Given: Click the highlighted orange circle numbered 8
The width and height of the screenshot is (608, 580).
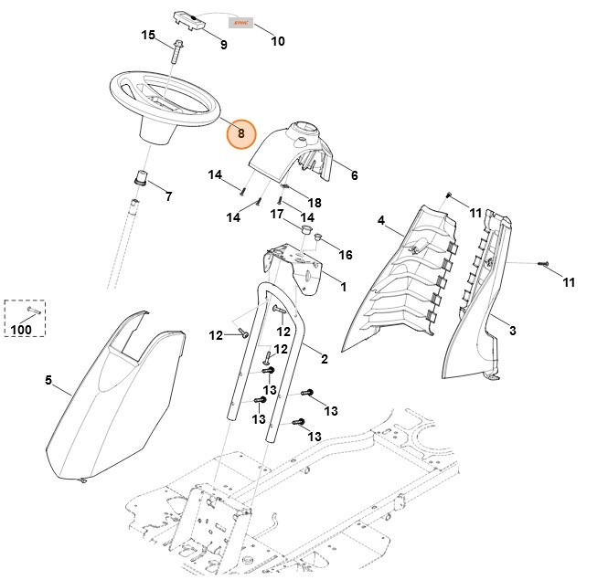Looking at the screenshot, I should [242, 133].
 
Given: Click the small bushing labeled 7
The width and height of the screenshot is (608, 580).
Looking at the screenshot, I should [142, 175].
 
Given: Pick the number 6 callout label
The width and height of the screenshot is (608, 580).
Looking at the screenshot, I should [354, 175].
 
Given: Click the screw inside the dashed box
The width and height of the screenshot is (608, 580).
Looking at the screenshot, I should [23, 311].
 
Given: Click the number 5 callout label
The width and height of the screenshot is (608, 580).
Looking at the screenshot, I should [48, 381].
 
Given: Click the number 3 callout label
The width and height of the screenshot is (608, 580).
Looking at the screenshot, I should [513, 330].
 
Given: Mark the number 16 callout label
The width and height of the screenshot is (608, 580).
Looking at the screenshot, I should [346, 254].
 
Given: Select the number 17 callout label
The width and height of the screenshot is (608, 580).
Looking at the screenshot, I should [275, 214].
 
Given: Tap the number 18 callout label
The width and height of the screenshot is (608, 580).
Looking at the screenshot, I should [315, 202].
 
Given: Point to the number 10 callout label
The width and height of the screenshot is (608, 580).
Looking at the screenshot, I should [278, 41].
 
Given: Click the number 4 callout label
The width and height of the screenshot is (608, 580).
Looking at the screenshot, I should [381, 219].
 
